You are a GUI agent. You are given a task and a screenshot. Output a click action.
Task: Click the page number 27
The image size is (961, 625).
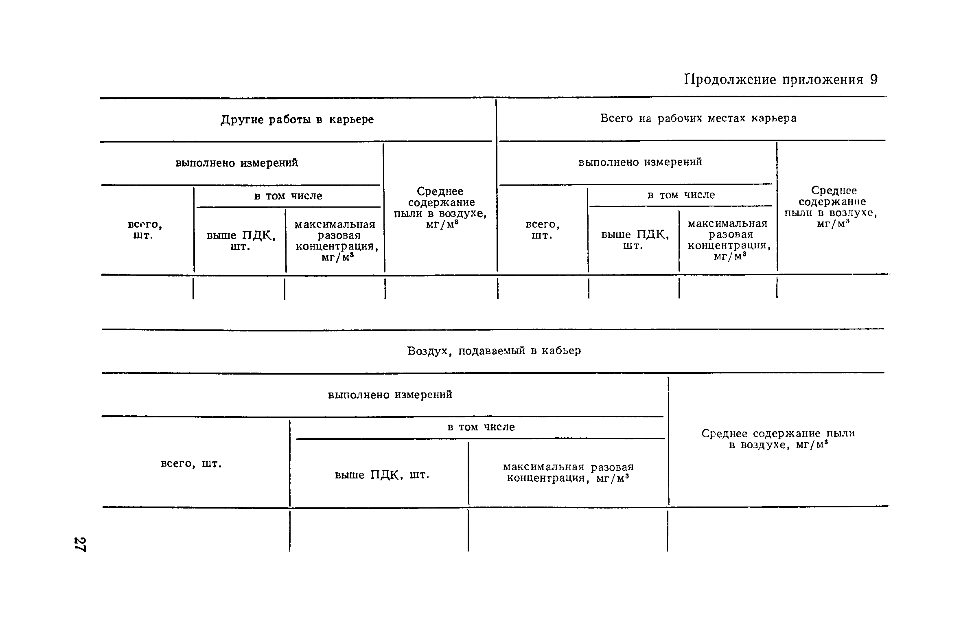point(80,544)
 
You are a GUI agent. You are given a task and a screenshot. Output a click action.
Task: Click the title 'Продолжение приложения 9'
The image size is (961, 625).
point(781,80)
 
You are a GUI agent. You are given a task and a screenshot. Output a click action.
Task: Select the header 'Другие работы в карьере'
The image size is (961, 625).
point(297,120)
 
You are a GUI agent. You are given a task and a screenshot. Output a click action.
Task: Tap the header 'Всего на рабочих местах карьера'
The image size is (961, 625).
point(698,118)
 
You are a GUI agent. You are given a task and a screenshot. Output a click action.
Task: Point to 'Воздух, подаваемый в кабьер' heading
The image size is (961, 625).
point(494,351)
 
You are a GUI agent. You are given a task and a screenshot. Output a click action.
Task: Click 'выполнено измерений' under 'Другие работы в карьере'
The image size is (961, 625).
point(236,163)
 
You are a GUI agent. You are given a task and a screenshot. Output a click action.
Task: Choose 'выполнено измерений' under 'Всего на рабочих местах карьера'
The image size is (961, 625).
point(640,162)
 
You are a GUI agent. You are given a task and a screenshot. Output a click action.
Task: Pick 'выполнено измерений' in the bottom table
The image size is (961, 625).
point(390,395)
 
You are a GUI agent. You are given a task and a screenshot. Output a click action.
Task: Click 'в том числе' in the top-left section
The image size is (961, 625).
point(288,196)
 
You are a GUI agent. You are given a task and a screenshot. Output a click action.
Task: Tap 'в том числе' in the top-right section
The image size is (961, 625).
point(681,195)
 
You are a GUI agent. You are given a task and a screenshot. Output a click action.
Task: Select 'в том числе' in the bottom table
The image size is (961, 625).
point(481,427)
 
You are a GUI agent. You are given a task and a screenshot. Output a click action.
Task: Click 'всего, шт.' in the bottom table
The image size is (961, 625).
point(191,464)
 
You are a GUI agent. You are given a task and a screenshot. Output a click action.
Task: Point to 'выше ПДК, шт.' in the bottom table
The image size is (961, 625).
point(382,475)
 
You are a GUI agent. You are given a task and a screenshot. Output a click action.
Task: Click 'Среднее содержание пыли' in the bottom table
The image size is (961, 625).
point(778,439)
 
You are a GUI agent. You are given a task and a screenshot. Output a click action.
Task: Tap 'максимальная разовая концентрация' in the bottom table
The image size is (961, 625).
point(568,472)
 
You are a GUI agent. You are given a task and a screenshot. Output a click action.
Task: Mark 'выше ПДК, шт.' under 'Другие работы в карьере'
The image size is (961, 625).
point(241,241)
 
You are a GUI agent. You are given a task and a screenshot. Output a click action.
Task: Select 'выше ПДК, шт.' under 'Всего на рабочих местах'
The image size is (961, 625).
point(635,240)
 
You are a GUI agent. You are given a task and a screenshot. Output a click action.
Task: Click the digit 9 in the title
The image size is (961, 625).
point(873,80)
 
